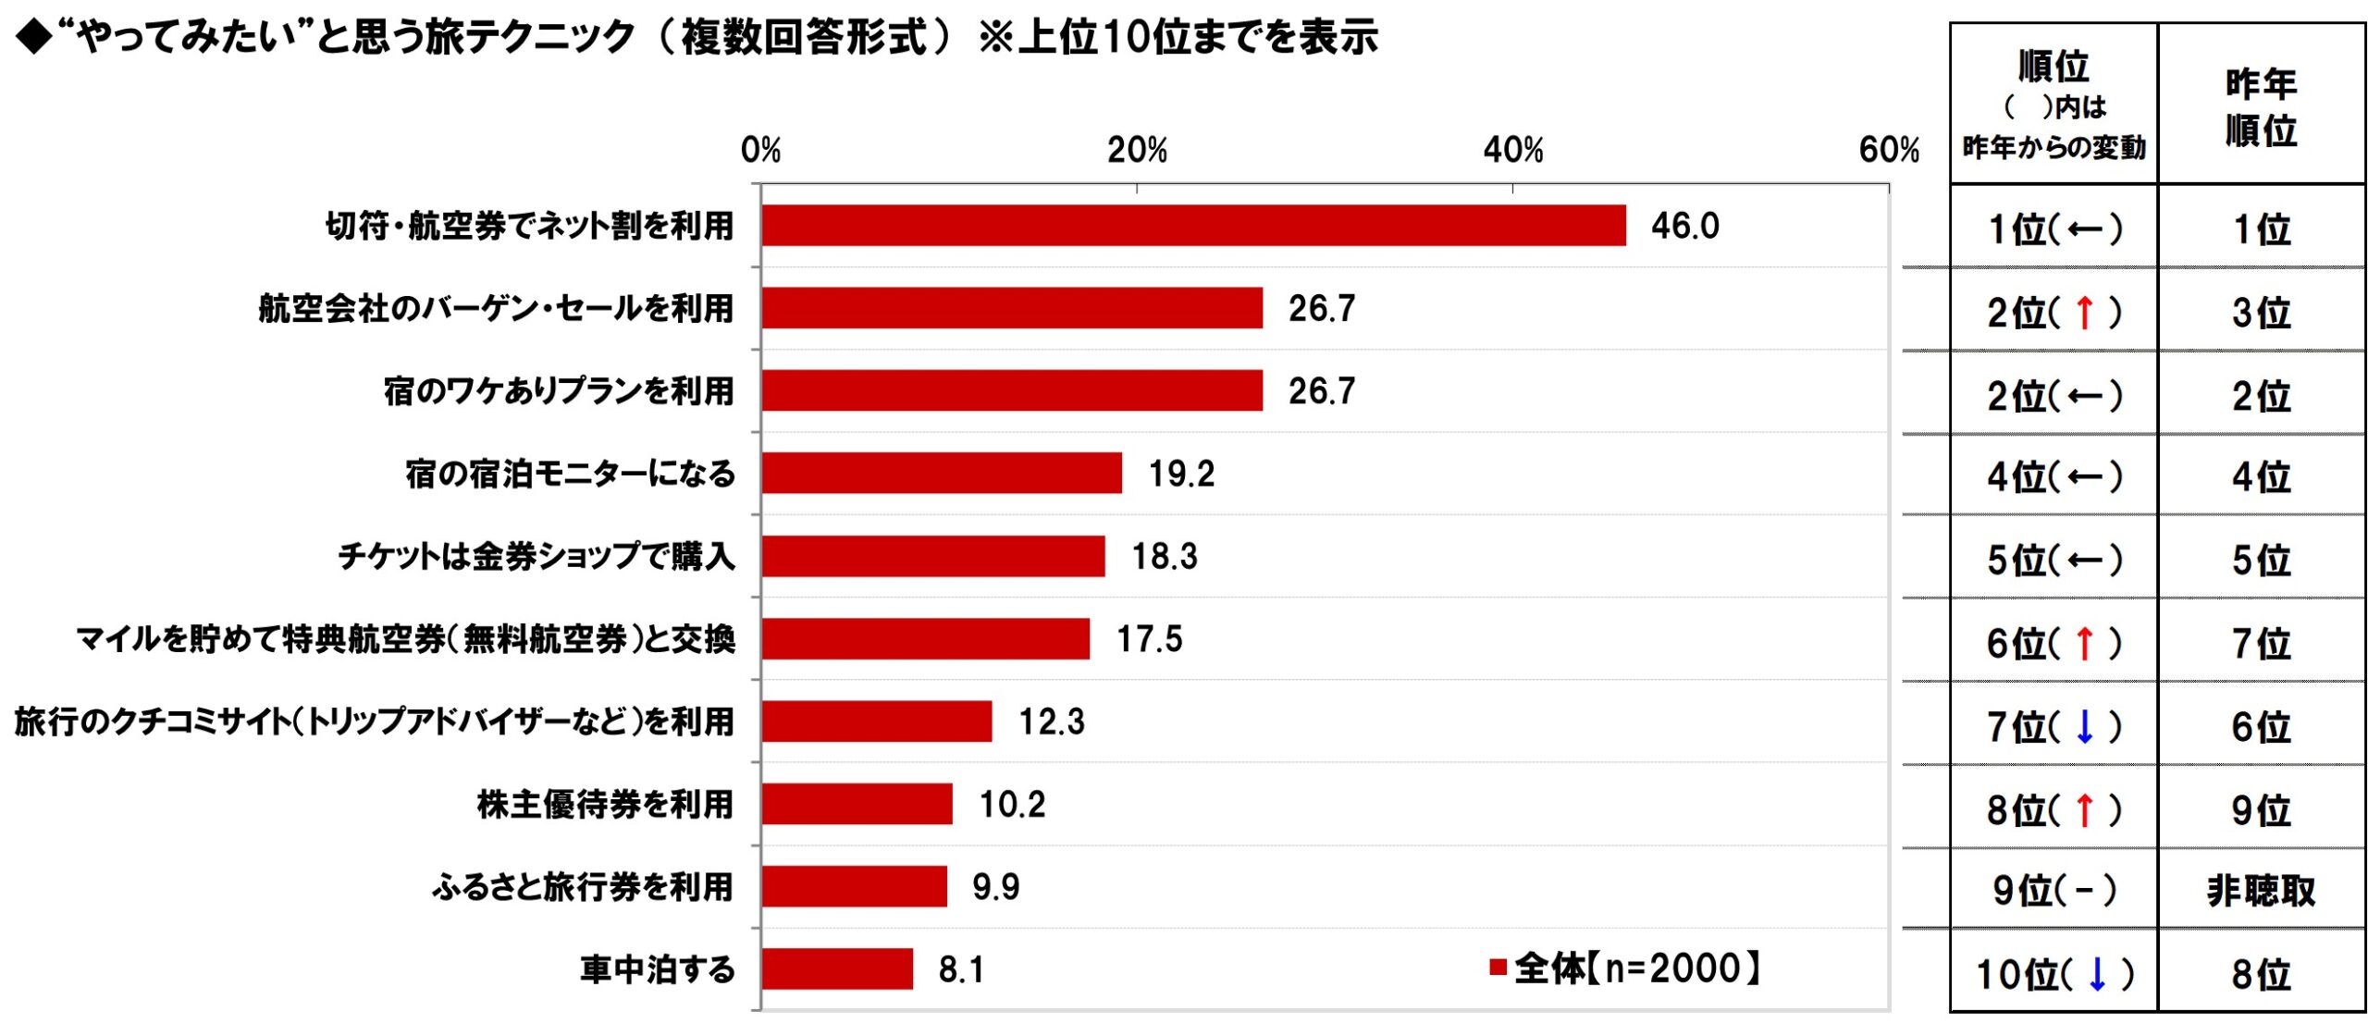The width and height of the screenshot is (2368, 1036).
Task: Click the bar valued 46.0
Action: [1193, 226]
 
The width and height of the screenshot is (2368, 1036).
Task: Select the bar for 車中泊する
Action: [837, 968]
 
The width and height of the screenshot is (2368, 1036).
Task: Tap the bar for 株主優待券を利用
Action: [857, 803]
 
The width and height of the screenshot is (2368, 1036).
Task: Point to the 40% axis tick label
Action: [1513, 150]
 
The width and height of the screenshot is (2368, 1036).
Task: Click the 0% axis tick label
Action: [760, 150]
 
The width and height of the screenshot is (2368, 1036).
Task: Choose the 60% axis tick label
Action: [1889, 150]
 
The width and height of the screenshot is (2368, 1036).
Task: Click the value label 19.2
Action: [1181, 474]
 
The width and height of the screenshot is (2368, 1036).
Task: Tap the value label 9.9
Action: [995, 887]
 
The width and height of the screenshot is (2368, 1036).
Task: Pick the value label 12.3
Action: [1052, 721]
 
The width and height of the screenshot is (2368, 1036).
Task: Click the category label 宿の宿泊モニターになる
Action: [570, 474]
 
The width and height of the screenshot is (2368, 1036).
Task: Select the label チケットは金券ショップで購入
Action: [536, 556]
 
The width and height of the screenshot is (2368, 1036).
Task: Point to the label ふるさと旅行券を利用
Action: [583, 887]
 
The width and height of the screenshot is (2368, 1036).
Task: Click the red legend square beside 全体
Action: [1498, 968]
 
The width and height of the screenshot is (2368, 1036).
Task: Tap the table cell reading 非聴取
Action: [2261, 891]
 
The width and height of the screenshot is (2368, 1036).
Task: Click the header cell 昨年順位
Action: [2261, 106]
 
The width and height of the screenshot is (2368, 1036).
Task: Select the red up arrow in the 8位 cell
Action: [2084, 810]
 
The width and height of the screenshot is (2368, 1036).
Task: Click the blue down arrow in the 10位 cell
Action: [2097, 974]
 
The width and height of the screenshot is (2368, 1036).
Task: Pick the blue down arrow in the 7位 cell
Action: [2084, 727]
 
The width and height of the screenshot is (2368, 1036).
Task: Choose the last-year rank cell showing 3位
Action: [2261, 313]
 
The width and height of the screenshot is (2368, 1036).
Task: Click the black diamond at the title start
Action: [34, 38]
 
